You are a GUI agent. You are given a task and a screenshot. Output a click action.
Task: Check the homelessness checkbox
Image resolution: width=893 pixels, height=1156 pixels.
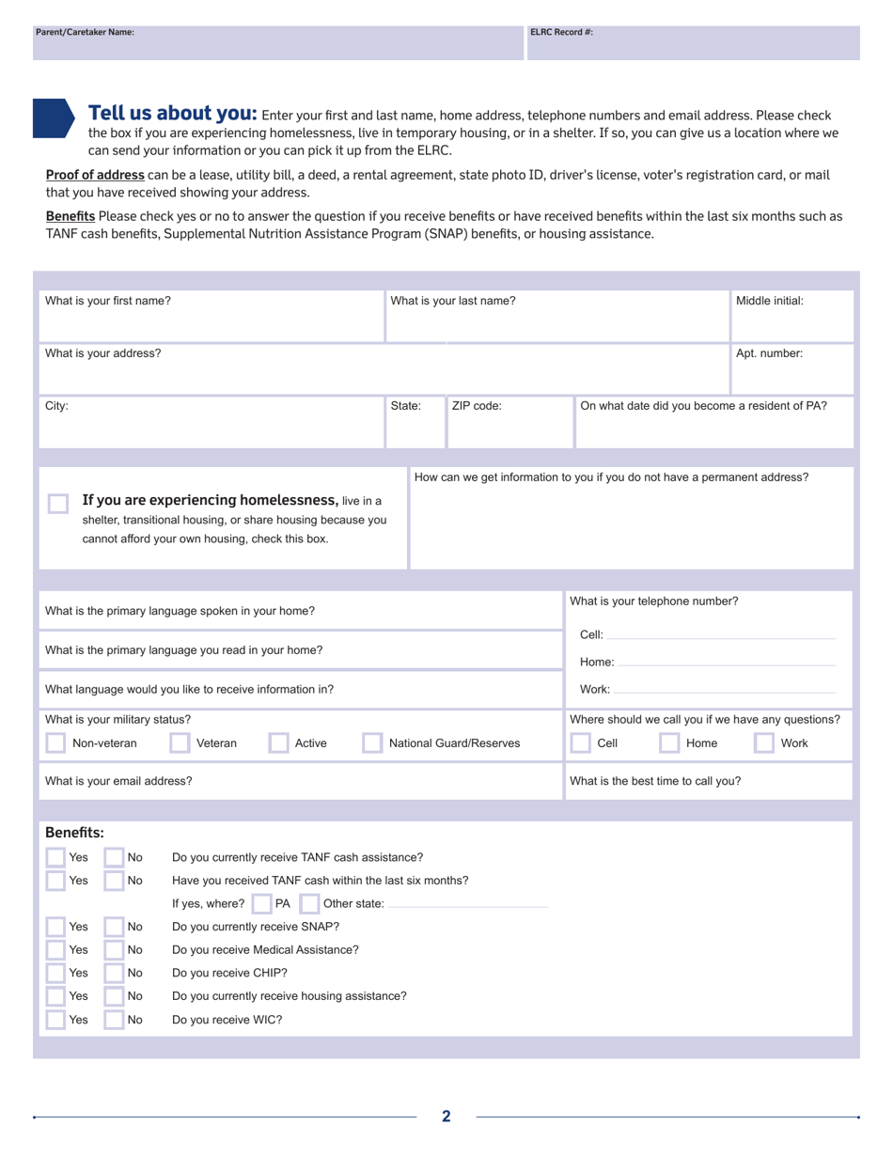(x=57, y=503)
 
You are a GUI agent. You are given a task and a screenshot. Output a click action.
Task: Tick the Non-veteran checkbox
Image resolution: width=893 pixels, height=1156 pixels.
(x=55, y=743)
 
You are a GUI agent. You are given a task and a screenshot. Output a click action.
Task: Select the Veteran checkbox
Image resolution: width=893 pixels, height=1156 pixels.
(x=180, y=743)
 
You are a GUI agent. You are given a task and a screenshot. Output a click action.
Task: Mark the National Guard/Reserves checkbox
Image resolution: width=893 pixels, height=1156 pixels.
(x=372, y=743)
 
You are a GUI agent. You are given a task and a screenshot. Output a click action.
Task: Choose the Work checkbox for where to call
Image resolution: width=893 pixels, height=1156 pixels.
(x=764, y=743)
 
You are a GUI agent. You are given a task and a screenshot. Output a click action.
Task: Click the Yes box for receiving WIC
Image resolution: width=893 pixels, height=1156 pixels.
(x=55, y=1020)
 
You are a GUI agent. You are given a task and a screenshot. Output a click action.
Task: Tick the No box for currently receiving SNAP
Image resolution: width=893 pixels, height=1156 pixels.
(x=114, y=927)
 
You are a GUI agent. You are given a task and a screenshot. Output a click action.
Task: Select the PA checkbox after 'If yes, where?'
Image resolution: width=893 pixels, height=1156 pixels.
(x=260, y=904)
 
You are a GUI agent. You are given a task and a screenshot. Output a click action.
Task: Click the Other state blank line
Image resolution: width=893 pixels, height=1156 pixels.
(x=467, y=905)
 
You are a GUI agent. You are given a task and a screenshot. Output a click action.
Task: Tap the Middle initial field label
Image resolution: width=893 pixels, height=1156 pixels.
(x=769, y=302)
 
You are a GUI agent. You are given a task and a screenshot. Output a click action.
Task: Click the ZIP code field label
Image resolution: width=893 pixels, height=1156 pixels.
(x=477, y=407)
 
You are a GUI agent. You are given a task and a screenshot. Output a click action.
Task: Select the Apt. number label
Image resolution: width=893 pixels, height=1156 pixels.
(x=769, y=354)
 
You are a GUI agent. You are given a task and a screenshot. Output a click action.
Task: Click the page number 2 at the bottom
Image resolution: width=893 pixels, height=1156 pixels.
(x=446, y=1117)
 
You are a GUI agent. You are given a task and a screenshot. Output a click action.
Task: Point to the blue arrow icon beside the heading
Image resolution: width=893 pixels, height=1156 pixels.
(x=53, y=118)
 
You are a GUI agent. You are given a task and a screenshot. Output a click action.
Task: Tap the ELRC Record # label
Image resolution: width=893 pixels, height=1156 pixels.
(x=561, y=32)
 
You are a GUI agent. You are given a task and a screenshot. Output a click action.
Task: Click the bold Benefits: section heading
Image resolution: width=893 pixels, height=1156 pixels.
(x=74, y=833)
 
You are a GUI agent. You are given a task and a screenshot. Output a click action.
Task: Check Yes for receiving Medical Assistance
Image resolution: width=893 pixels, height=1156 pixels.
(x=55, y=950)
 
